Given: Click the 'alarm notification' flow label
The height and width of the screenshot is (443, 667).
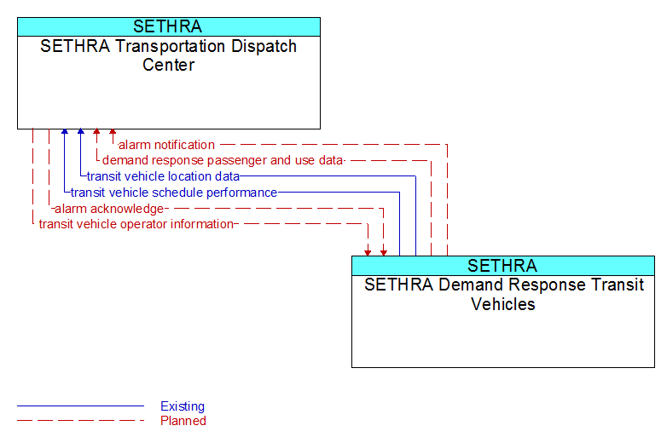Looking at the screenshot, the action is tap(166, 145).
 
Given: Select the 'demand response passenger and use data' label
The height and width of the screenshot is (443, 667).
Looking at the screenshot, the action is tap(223, 160).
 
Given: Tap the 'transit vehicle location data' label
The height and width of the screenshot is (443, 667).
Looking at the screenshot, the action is tap(163, 176).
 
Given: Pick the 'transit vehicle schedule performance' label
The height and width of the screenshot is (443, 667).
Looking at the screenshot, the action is tap(174, 193).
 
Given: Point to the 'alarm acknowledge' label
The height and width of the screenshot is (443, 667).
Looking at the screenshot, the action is tap(109, 209).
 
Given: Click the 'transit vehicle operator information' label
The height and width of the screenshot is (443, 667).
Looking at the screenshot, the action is tap(136, 224).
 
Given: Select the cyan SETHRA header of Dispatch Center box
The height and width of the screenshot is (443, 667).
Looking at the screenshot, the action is tap(169, 26).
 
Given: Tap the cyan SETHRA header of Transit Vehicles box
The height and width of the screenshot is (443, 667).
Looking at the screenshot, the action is tap(503, 266).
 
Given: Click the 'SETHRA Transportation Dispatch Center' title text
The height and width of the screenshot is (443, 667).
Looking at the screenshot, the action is tap(168, 55).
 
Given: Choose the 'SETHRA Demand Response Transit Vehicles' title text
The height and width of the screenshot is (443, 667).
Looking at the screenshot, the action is tap(503, 294).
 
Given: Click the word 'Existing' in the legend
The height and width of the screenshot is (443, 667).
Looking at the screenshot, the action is tap(183, 406).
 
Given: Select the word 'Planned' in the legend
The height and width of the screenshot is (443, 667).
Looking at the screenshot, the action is tap(183, 421).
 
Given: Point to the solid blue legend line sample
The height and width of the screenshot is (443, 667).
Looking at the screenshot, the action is tap(80, 406).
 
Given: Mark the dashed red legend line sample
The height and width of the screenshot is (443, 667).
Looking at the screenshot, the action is tap(80, 421).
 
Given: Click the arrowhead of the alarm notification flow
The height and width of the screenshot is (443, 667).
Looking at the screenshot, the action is tap(113, 132).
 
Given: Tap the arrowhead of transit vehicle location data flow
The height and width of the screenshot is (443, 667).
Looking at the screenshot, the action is tap(81, 132).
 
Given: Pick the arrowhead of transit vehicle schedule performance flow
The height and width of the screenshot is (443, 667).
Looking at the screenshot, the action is tap(65, 132).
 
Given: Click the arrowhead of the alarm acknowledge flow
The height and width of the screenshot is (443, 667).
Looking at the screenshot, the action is tap(384, 253).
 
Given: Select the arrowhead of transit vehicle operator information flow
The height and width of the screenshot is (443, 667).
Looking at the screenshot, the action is tap(368, 253).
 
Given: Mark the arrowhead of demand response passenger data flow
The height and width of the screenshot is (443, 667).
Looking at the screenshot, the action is tap(96, 132).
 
